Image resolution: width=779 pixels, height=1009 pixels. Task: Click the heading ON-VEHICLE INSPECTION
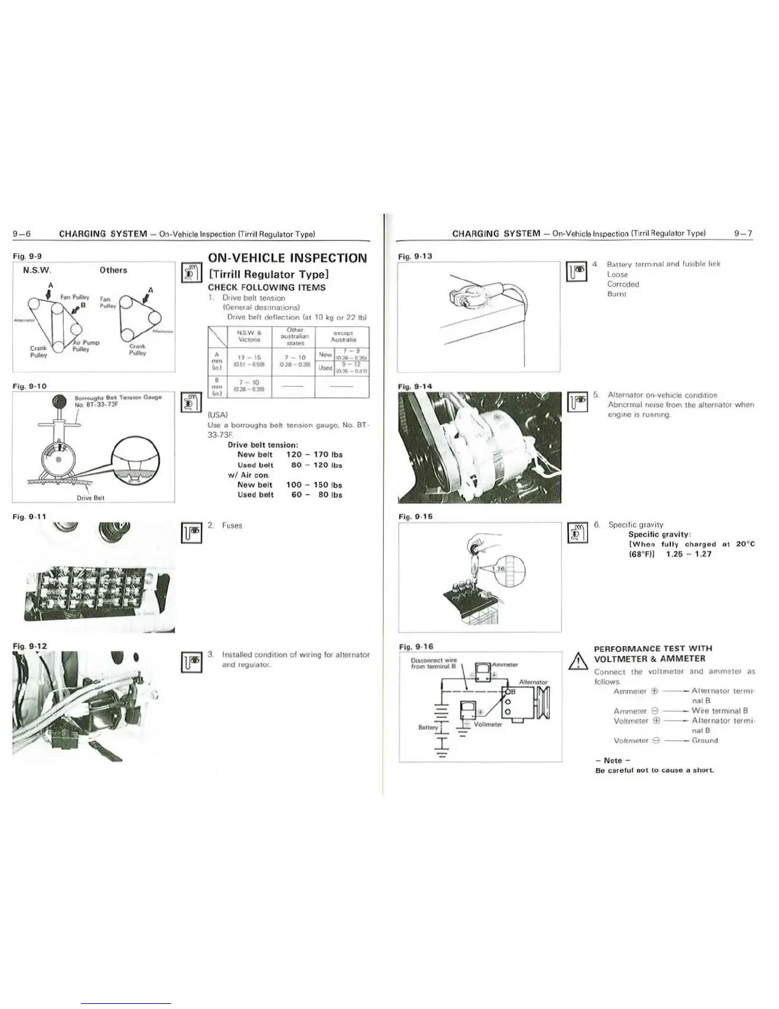click(x=288, y=258)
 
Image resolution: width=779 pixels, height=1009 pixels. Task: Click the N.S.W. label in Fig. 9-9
click(x=37, y=270)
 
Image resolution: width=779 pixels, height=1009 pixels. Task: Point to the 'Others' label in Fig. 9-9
click(x=113, y=270)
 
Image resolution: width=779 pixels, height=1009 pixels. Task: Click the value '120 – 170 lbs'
click(x=314, y=455)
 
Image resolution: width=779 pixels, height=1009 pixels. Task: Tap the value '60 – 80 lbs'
click(x=317, y=494)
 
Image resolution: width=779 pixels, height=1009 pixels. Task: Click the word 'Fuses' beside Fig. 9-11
click(x=232, y=526)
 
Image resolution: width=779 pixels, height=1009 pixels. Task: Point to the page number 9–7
click(x=743, y=233)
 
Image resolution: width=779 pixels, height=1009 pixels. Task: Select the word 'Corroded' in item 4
click(x=623, y=284)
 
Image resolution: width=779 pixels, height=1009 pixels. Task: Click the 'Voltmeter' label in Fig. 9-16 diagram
click(x=488, y=724)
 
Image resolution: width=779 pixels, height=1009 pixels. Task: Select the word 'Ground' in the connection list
click(x=705, y=740)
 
